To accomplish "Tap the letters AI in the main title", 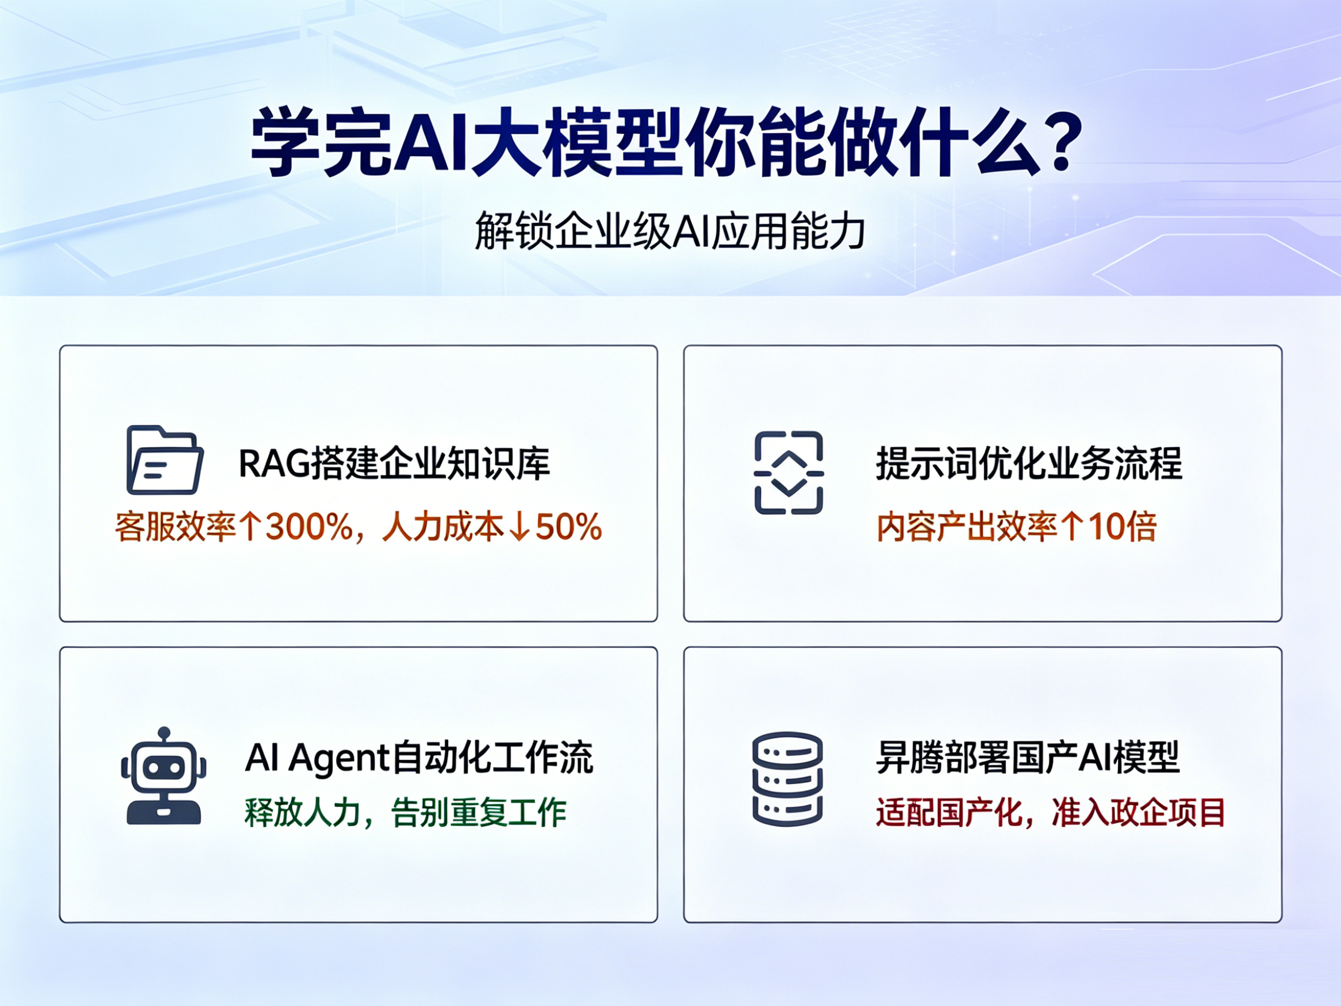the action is (x=431, y=141).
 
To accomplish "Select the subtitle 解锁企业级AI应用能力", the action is (x=670, y=231).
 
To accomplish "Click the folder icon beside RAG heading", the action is (x=165, y=460).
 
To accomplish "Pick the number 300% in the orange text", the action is (x=310, y=527).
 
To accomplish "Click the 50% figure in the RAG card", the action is (x=568, y=527).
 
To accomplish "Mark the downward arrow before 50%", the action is (x=520, y=527).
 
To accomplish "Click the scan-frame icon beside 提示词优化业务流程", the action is (x=788, y=473).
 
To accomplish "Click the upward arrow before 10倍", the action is (x=1073, y=527).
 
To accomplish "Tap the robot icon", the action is (x=164, y=776).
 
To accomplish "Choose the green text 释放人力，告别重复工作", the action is (x=406, y=813).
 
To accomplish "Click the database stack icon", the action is (x=787, y=778).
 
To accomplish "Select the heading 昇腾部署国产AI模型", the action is (x=1027, y=757).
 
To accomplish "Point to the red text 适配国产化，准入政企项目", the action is (x=1051, y=813).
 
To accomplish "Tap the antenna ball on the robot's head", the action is (x=164, y=733).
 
